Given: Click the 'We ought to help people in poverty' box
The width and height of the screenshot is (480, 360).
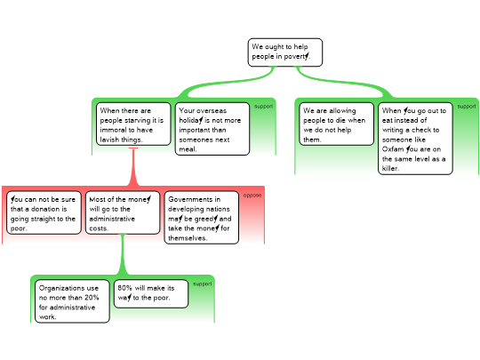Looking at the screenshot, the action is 285,52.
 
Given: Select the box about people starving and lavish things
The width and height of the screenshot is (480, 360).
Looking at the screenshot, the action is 133,124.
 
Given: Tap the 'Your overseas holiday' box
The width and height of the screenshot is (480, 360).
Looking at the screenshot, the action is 212,129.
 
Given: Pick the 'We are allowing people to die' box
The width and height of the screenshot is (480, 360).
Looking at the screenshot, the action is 336,124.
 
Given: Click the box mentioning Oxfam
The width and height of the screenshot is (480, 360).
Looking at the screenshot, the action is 415,139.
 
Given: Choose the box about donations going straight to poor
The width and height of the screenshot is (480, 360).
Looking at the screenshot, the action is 44,212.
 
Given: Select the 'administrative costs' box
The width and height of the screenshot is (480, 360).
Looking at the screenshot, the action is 123,212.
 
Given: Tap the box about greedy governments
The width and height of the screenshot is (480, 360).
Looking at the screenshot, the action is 202,218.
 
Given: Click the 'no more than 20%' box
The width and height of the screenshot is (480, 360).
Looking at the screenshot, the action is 72,301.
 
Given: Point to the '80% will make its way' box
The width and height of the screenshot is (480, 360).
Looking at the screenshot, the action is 151,293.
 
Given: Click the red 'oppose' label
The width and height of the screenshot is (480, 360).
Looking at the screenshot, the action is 252,196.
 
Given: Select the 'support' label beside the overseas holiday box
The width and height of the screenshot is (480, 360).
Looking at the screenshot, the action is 264,107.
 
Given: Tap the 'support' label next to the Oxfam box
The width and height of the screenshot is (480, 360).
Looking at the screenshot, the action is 467,107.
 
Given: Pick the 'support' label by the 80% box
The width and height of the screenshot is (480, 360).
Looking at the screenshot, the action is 202,284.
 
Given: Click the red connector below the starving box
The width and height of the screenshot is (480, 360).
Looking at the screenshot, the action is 133,167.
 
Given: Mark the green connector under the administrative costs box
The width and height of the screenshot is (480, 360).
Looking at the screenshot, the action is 123,255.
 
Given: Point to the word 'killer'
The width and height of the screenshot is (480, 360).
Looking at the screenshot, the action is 390,168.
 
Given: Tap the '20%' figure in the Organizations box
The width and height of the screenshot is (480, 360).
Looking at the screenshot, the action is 92,298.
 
